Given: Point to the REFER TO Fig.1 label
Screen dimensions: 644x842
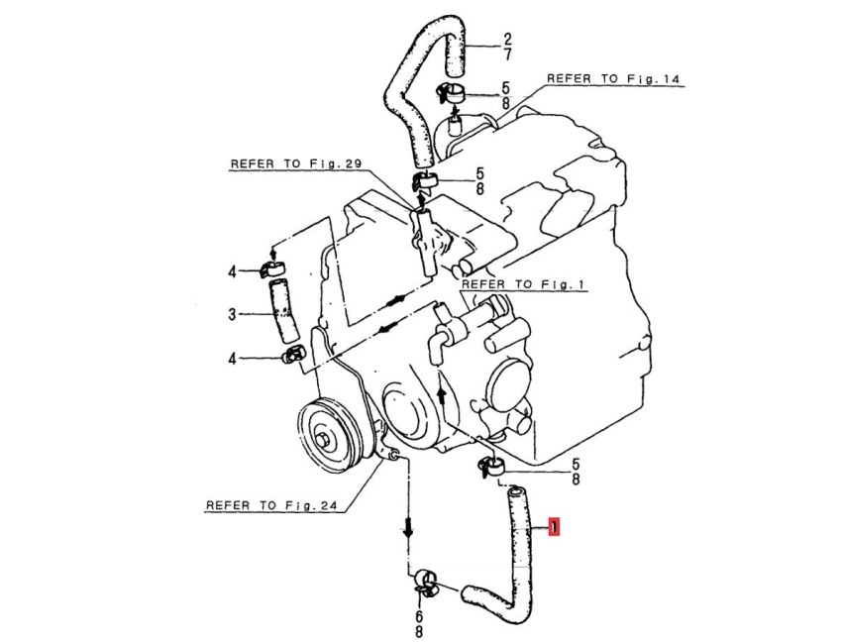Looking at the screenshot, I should coord(526,284).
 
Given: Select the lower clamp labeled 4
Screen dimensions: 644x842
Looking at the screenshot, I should coord(291,355).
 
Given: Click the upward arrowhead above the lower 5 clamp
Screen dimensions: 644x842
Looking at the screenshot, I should coord(443,393).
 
